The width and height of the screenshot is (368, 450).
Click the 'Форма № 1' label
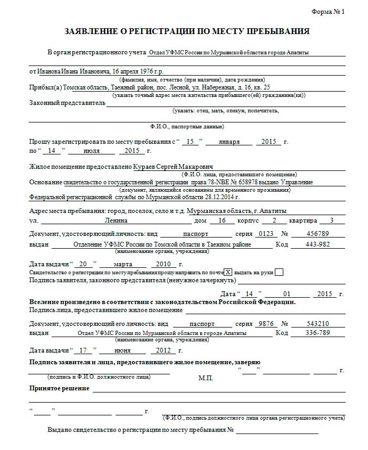(x=328, y=12)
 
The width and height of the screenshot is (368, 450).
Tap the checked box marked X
(x=228, y=272)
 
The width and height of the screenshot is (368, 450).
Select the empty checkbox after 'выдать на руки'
(x=279, y=272)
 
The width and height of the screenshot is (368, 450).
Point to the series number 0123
(x=265, y=234)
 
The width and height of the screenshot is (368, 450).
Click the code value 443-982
(x=317, y=244)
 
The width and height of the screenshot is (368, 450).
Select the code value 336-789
(x=317, y=333)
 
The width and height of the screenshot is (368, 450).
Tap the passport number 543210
(x=318, y=323)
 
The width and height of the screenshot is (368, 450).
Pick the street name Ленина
(x=116, y=220)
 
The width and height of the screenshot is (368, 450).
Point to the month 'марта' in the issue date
(x=122, y=264)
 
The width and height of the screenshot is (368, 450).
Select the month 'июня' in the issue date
(x=122, y=350)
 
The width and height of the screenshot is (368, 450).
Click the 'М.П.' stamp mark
(x=206, y=378)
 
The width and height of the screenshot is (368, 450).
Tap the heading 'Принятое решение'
(x=59, y=388)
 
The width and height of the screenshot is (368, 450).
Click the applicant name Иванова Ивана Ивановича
(x=73, y=71)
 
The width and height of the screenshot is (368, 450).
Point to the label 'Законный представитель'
(x=67, y=103)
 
